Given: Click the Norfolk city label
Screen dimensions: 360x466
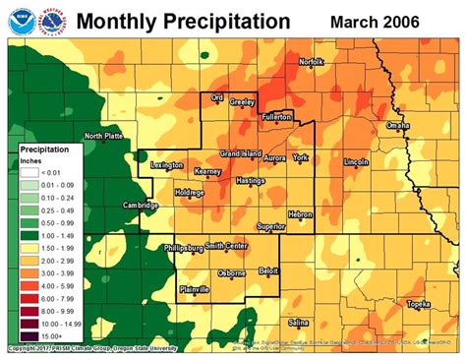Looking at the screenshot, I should pyautogui.click(x=311, y=61).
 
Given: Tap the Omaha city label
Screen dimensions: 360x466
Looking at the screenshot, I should pyautogui.click(x=398, y=126).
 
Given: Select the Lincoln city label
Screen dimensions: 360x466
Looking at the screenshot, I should pyautogui.click(x=356, y=161).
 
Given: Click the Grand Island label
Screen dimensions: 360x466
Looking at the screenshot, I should pyautogui.click(x=240, y=154).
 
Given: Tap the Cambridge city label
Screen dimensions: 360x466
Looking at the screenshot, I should pyautogui.click(x=141, y=206).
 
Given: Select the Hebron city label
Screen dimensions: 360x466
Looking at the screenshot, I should pyautogui.click(x=300, y=213).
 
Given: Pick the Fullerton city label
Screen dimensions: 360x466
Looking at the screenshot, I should pyautogui.click(x=277, y=116).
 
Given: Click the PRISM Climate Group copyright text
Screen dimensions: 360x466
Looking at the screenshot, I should pyautogui.click(x=92, y=348).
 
